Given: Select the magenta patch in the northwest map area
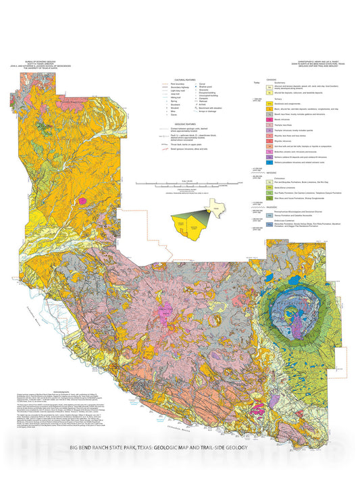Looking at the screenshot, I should (84, 200).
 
